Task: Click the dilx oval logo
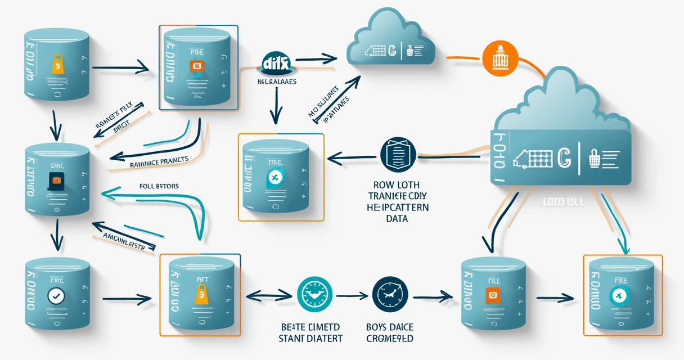coord(276,64)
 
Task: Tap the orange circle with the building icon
coord(499,58)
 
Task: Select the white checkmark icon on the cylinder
coord(55,295)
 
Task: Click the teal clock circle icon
coord(310,294)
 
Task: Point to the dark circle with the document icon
coord(397,153)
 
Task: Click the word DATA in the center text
coord(397,218)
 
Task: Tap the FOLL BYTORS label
coord(159,185)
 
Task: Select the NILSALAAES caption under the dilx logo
coord(277,82)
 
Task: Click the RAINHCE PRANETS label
coord(159,163)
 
